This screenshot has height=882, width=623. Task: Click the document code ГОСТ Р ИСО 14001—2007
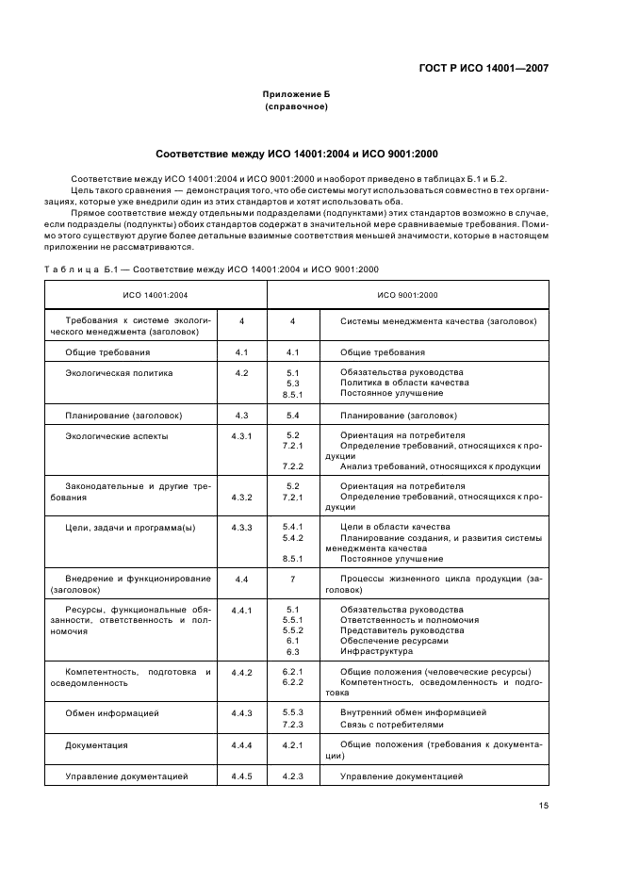click(x=483, y=68)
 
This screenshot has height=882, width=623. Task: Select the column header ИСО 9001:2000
click(x=407, y=296)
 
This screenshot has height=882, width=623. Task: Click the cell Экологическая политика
click(x=119, y=372)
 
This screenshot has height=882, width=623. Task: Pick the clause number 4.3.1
click(x=241, y=436)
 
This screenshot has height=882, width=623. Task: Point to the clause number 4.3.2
click(x=241, y=497)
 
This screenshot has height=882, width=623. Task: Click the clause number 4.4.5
click(x=241, y=776)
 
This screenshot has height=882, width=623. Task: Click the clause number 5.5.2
click(x=292, y=630)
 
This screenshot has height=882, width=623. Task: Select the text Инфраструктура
click(x=376, y=651)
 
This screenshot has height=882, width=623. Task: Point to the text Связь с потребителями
click(x=391, y=725)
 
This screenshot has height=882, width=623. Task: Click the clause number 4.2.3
click(x=292, y=776)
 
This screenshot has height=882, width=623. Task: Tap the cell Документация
click(x=96, y=745)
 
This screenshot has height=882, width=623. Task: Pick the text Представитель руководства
click(x=402, y=630)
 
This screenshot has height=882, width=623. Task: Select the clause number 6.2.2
click(x=292, y=681)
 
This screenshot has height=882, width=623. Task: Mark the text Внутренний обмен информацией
click(x=413, y=712)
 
